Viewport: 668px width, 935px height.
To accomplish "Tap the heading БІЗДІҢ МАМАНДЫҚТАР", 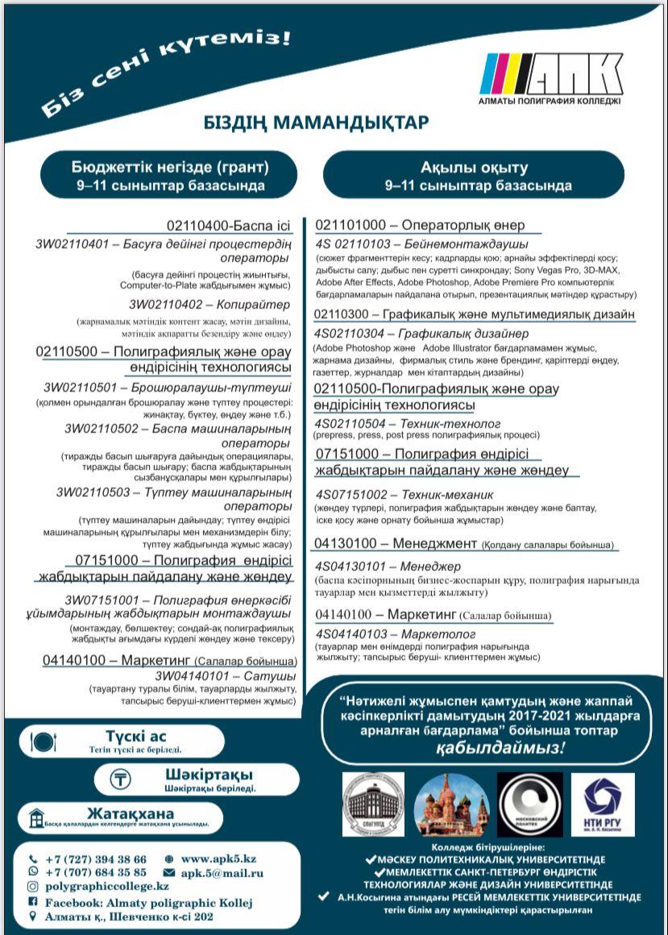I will (x=316, y=123).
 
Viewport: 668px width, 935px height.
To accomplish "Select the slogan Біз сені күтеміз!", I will (x=164, y=73).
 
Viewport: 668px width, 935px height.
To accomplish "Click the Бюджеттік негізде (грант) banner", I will (x=170, y=176).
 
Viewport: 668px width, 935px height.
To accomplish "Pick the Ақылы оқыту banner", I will (x=474, y=176).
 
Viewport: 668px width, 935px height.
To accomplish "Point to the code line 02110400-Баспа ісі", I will (x=228, y=226).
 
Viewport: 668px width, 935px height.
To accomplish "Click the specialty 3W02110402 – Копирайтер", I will (x=209, y=304).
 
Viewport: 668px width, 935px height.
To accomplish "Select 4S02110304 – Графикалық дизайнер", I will (x=421, y=333).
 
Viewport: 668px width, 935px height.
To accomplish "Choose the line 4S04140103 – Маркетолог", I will (x=396, y=634).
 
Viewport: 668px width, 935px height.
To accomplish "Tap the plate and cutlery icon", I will (x=44, y=742).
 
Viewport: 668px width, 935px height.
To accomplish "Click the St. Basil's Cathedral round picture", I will (x=452, y=805).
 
